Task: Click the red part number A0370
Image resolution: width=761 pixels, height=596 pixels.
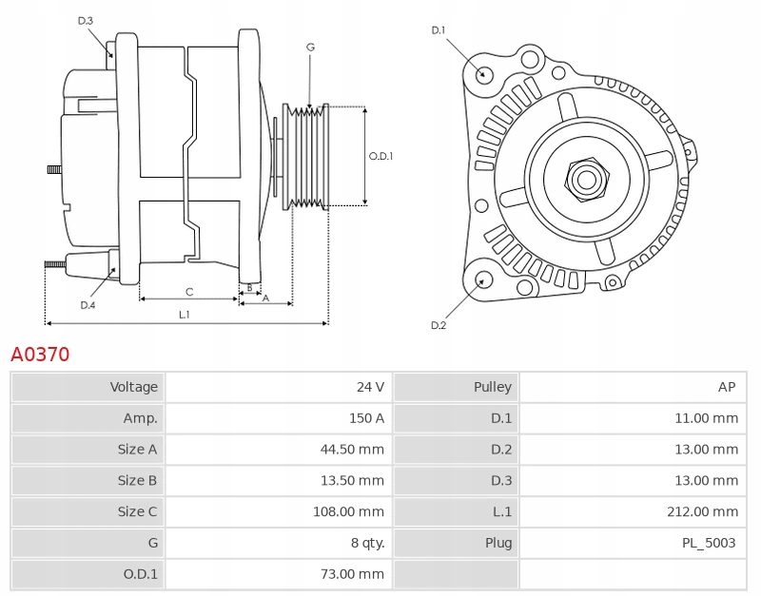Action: pos(40,355)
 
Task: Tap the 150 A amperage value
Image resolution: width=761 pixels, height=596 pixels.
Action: pos(366,418)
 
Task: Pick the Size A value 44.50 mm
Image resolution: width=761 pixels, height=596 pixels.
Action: pos(352,449)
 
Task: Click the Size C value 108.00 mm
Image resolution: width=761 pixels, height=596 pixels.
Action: pos(348,511)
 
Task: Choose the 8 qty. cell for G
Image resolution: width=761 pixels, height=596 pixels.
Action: pos(368,543)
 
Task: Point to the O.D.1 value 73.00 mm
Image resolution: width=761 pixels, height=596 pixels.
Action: pos(352,574)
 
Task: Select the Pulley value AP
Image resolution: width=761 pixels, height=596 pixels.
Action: pos(727,387)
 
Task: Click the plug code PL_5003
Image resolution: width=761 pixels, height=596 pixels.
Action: pos(709,543)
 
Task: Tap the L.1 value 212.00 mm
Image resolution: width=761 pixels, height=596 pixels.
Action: pos(703,511)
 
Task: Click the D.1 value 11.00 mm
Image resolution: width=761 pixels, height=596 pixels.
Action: pos(707,418)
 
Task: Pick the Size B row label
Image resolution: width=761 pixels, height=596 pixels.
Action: pos(137,481)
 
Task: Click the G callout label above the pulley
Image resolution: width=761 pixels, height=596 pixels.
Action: pos(311,47)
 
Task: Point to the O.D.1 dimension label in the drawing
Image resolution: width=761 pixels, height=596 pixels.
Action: pos(381,156)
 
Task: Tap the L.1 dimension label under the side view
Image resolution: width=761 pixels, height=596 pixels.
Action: pos(185,315)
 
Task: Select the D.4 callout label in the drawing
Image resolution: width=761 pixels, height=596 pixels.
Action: pos(88,305)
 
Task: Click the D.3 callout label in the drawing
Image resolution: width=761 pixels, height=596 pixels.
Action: pos(86,21)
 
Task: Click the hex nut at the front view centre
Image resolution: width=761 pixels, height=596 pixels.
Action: pos(586,180)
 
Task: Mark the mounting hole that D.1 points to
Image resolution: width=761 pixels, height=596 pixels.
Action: pos(482,74)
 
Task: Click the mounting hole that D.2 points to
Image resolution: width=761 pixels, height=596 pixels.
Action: pos(482,280)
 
